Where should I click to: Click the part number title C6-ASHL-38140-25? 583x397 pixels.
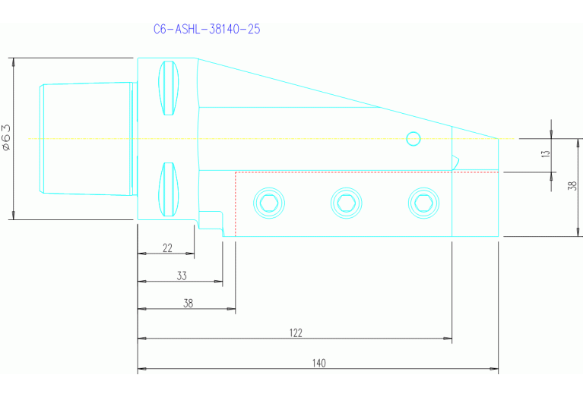click(208, 30)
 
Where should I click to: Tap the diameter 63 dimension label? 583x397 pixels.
click(7, 138)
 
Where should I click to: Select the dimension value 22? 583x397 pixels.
click(167, 248)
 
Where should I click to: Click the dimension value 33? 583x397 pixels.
click(182, 276)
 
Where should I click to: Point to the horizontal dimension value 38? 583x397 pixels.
click(189, 303)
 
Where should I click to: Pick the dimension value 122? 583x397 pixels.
click(296, 332)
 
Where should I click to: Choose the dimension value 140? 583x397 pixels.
click(318, 364)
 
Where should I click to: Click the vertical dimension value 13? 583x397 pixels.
click(544, 155)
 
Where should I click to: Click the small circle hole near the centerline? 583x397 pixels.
click(413, 138)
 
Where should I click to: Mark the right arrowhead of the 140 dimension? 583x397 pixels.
click(495, 370)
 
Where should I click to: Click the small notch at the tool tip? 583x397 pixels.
click(456, 162)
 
